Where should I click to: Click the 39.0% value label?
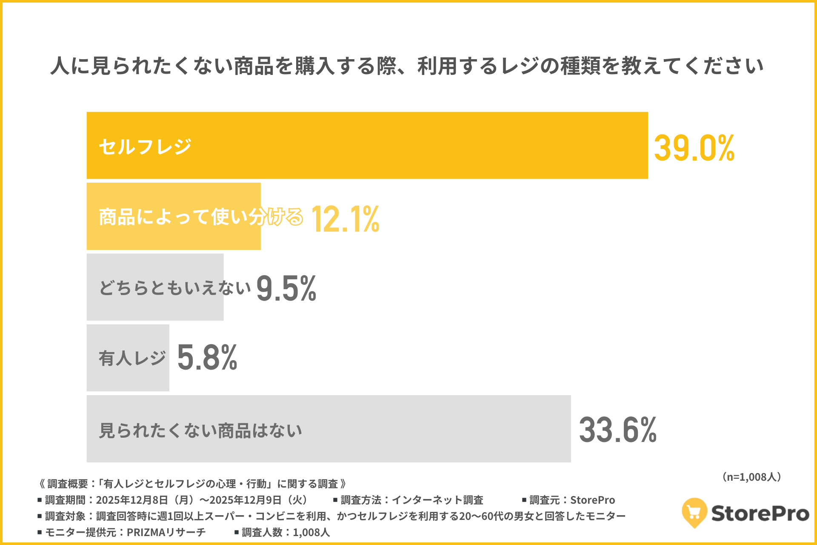click(x=694, y=148)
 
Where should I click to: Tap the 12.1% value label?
click(x=345, y=219)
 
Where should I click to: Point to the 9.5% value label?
click(x=286, y=288)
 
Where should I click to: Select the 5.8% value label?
click(x=207, y=358)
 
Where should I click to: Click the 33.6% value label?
click(x=617, y=430)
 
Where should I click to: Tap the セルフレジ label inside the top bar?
click(x=145, y=147)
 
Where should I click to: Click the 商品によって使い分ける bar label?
click(x=200, y=217)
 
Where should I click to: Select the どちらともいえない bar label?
click(x=175, y=288)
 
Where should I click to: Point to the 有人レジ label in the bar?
click(x=132, y=358)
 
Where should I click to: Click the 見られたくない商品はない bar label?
click(x=200, y=430)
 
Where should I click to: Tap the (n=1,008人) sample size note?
click(x=751, y=477)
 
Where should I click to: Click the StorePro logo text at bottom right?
click(x=760, y=513)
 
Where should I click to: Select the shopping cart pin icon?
click(x=694, y=512)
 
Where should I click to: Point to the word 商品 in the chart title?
click(x=254, y=66)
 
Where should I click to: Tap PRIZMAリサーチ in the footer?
click(x=166, y=532)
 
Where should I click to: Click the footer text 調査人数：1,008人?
click(x=286, y=532)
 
